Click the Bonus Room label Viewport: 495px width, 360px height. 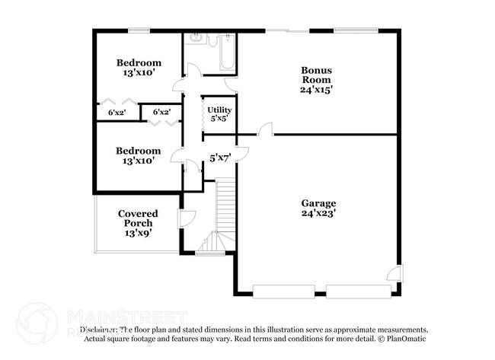click(x=317, y=75)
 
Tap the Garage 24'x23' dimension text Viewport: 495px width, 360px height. click(x=318, y=213)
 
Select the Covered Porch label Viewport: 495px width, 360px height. click(x=139, y=218)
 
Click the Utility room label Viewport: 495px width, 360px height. click(x=219, y=110)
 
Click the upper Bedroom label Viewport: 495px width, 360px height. click(x=139, y=62)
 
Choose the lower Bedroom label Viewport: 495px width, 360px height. click(x=139, y=151)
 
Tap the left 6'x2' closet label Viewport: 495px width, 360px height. click(x=117, y=112)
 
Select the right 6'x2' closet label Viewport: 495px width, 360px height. click(x=161, y=112)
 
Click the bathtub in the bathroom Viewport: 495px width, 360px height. click(x=229, y=51)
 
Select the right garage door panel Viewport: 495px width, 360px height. click(x=356, y=291)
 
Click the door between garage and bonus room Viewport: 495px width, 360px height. click(x=266, y=131)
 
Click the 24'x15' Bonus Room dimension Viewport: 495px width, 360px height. click(x=317, y=89)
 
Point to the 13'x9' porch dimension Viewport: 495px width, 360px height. click(x=139, y=233)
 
